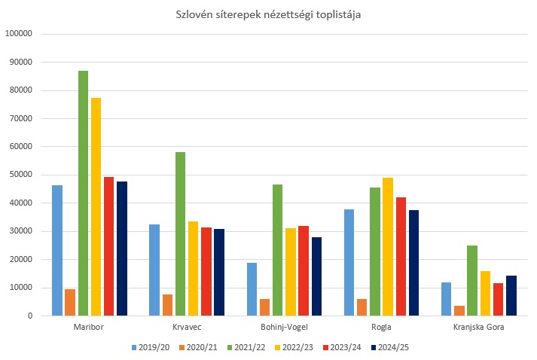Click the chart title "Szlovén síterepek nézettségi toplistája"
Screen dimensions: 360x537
click(x=268, y=15)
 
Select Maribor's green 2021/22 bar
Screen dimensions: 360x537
click(x=83, y=193)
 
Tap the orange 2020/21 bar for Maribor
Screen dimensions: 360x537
click(x=70, y=302)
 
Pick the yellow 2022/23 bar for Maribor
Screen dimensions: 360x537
click(x=96, y=206)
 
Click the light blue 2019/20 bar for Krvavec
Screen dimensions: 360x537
click(x=154, y=270)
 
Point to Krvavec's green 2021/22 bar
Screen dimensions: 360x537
click(x=180, y=233)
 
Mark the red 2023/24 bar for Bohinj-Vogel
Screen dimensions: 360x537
click(x=304, y=270)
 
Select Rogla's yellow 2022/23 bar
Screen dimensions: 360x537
click(x=388, y=246)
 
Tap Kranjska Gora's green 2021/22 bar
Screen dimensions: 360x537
click(x=472, y=280)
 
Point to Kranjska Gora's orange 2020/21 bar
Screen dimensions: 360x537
click(x=459, y=310)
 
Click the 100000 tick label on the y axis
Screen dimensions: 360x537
click(x=18, y=34)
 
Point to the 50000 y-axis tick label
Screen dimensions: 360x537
click(x=20, y=175)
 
